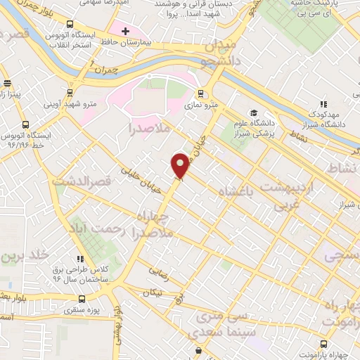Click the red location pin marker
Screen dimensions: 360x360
[181, 166]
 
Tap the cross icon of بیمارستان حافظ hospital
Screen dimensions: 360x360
[125, 32]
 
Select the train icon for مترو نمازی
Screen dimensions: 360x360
[200, 94]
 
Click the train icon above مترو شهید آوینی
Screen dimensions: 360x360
[70, 92]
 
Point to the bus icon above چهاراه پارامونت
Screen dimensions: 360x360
[323, 344]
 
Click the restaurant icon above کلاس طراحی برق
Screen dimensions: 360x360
[82, 258]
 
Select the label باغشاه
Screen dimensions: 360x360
[239, 191]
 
